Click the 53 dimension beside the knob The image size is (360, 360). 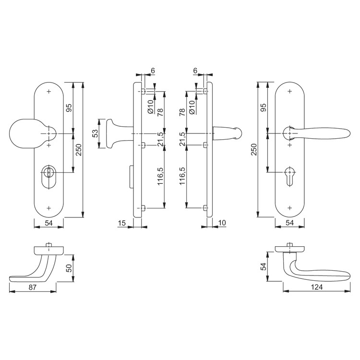tap(96, 133)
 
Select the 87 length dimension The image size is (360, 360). tap(33, 287)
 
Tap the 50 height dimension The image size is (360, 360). tap(69, 268)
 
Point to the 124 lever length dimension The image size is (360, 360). tap(317, 287)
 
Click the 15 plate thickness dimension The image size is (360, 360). tap(122, 223)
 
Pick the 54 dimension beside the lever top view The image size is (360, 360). tap(264, 266)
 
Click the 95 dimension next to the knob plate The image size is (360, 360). tap(69, 108)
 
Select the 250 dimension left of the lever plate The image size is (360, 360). tap(254, 149)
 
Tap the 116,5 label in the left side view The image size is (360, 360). tap(160, 176)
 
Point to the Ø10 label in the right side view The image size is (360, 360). tap(192, 108)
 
